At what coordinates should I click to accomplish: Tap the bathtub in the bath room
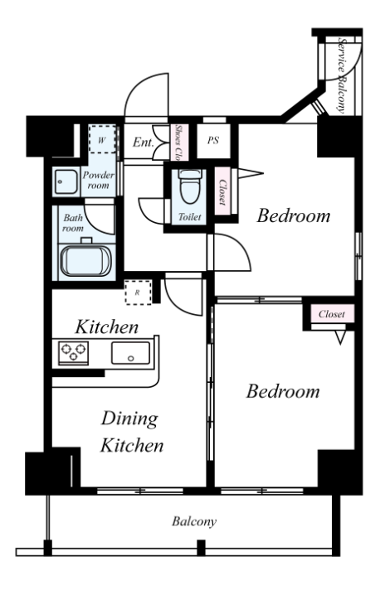coord(85,261)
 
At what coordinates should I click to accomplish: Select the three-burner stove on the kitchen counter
coord(73,353)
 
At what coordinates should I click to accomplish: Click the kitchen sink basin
coord(130,353)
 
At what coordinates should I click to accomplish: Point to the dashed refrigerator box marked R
coord(138,293)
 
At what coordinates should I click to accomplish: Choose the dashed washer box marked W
coord(102,140)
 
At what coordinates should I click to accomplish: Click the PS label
coord(213,140)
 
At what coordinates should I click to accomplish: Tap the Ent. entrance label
coord(144,143)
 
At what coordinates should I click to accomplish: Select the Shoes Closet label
coord(178,143)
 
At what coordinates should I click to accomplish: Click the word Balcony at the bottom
coord(194,521)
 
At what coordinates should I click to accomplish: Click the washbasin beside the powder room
coord(66,181)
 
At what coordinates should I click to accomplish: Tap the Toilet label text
coord(190,217)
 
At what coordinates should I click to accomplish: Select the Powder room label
coord(99,180)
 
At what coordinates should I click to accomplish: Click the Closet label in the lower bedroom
coord(332,314)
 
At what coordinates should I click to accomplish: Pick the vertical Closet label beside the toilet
coord(222,192)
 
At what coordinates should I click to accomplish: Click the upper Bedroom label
coord(294,215)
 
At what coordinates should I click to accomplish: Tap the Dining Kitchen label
coord(131,432)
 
